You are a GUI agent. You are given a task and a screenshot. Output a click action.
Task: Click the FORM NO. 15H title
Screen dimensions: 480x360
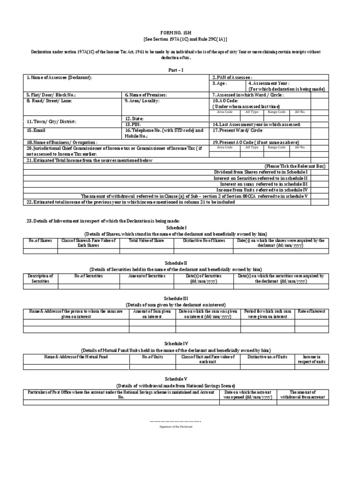[x=180, y=34]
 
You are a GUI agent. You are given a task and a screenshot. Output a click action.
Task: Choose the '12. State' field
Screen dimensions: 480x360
[x=135, y=119]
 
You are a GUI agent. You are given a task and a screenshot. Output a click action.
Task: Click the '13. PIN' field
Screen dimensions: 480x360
[x=133, y=124]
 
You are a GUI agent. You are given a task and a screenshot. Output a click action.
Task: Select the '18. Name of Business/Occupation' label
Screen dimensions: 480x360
[x=62, y=142]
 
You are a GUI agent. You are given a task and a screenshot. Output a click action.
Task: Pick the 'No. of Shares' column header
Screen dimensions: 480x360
[x=40, y=240]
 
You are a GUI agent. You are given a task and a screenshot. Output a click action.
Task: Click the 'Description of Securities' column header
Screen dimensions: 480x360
[x=40, y=278]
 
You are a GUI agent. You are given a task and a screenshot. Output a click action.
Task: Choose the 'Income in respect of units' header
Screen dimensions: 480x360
[x=321, y=359]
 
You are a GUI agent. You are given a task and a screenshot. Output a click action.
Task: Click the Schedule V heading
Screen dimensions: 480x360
[x=180, y=378]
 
